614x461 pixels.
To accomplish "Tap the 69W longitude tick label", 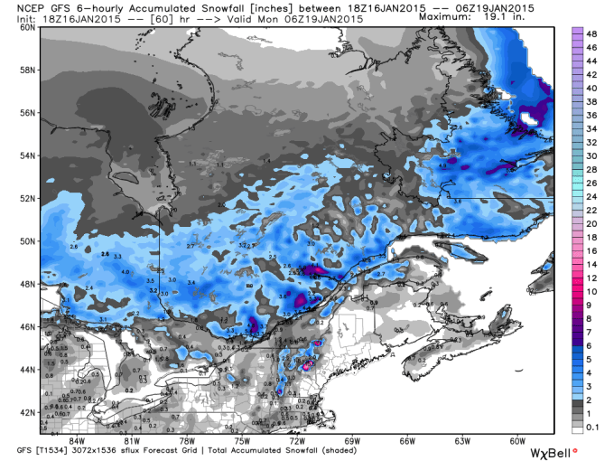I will [x=351, y=440].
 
